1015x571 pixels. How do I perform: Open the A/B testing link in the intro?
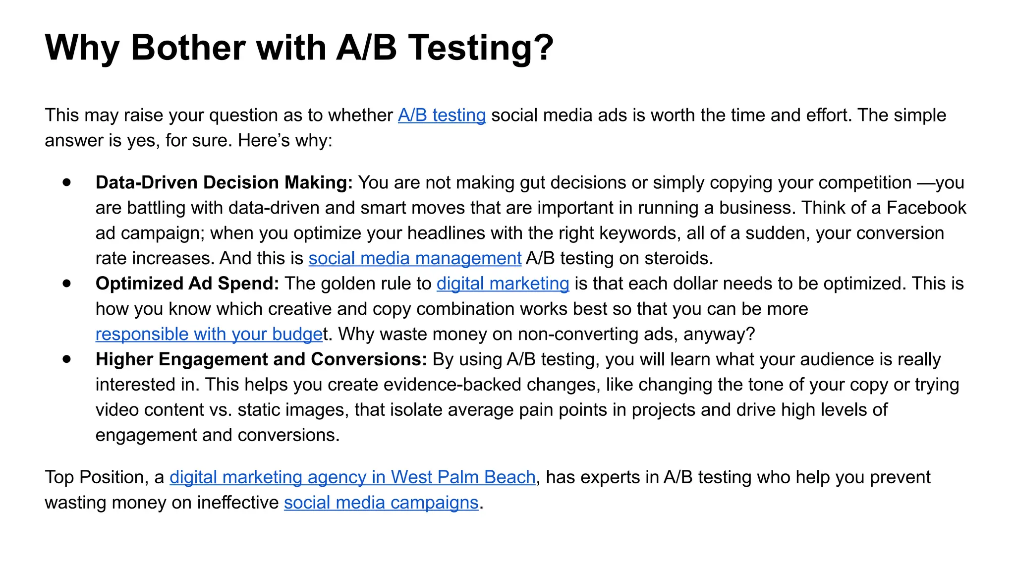point(442,115)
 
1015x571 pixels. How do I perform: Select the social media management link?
point(415,259)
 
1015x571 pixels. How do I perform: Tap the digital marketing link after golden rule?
point(503,284)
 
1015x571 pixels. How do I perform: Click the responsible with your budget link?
point(209,335)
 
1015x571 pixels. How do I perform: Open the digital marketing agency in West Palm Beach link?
point(352,477)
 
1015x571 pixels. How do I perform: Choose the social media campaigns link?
point(381,503)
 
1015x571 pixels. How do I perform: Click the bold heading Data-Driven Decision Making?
point(224,183)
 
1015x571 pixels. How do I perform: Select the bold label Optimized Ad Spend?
point(187,284)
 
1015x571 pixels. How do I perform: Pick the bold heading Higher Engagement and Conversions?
point(261,360)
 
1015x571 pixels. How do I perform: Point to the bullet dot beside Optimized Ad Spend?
point(67,284)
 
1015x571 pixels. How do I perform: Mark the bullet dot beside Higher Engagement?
point(67,359)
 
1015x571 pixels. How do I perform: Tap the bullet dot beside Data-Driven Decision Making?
point(67,182)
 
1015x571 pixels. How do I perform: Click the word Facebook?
point(926,208)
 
